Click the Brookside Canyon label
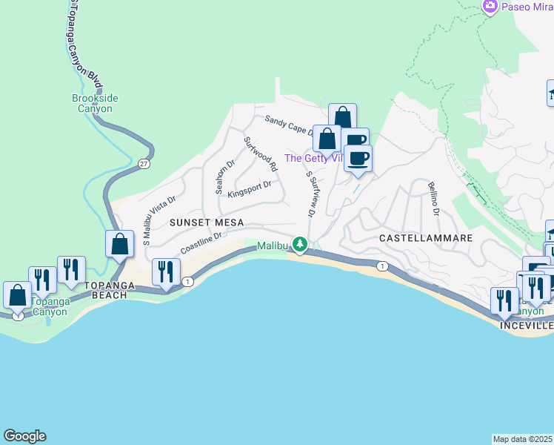pos(96,103)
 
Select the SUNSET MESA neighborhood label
pos(207,222)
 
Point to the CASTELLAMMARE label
pos(426,238)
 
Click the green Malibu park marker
pos(299,244)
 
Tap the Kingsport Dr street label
pos(250,190)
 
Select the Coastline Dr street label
pos(201,242)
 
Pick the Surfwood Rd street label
pos(260,151)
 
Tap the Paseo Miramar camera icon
pos(490,7)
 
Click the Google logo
pos(24,436)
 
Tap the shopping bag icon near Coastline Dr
pos(120,244)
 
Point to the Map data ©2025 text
pos(523,439)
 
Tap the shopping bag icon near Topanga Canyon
pos(18,294)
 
